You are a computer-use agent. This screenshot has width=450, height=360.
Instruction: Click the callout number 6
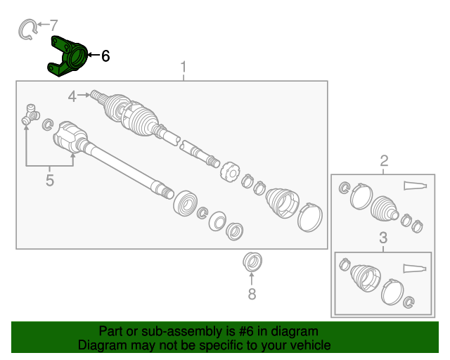pos(105,56)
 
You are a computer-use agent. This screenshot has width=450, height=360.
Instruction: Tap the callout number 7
pos(53,25)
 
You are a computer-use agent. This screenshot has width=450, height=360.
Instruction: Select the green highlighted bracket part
pos(67,56)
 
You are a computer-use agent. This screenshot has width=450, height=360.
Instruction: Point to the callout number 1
pos(184,67)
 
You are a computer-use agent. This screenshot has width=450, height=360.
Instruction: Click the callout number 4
pos(72,96)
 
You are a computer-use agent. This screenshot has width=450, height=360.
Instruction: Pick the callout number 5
pos(50,180)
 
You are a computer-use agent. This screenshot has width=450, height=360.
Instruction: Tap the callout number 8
pos(252,294)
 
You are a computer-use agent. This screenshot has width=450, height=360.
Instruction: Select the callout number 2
pos(384,161)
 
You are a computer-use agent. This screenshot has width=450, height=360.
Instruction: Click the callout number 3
pos(383,238)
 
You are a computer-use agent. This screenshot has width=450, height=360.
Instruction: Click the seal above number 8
pos(252,262)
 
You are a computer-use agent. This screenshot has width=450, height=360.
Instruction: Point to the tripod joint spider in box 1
pos(30,115)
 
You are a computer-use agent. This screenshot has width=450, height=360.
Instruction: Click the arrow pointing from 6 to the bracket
pos(94,55)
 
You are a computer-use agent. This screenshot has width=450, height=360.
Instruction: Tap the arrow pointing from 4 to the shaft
pos(84,95)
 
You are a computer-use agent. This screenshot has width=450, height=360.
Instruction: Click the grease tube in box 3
pos(415,269)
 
